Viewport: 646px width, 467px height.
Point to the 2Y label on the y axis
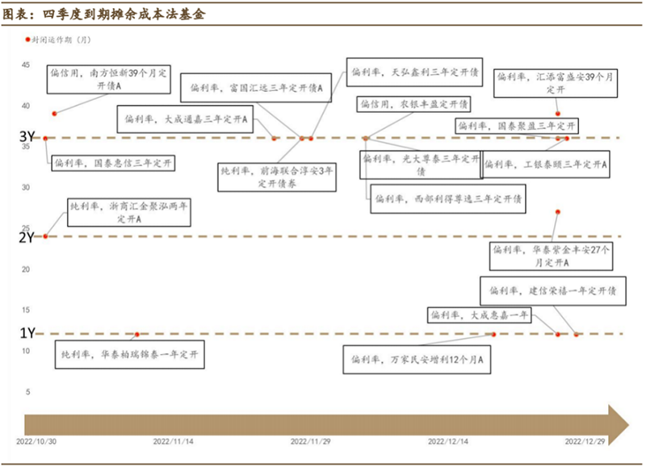[x=26, y=237]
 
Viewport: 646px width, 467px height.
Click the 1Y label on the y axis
[x=26, y=332]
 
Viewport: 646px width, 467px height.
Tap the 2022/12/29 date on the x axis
[x=585, y=442]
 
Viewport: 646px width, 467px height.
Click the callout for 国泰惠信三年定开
[x=113, y=164]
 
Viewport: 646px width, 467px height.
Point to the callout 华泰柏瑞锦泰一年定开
[x=129, y=354]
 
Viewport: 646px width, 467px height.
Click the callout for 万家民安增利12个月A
[x=417, y=358]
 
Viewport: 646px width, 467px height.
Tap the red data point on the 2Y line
[x=44, y=236]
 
